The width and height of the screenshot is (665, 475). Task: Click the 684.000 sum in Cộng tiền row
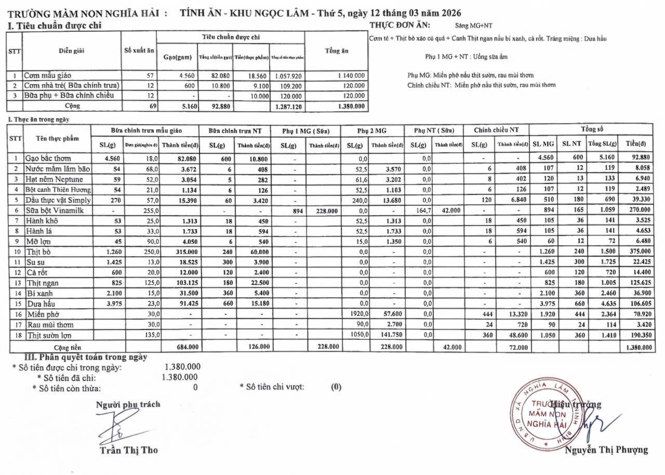point(175,346)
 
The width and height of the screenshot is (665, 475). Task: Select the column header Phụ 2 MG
point(372,130)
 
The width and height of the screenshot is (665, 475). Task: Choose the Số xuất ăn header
point(139,51)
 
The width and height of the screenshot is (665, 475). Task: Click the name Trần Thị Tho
point(128,450)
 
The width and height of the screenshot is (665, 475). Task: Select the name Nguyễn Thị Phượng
point(606,450)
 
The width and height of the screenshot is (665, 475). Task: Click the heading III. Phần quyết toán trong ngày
point(86,357)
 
